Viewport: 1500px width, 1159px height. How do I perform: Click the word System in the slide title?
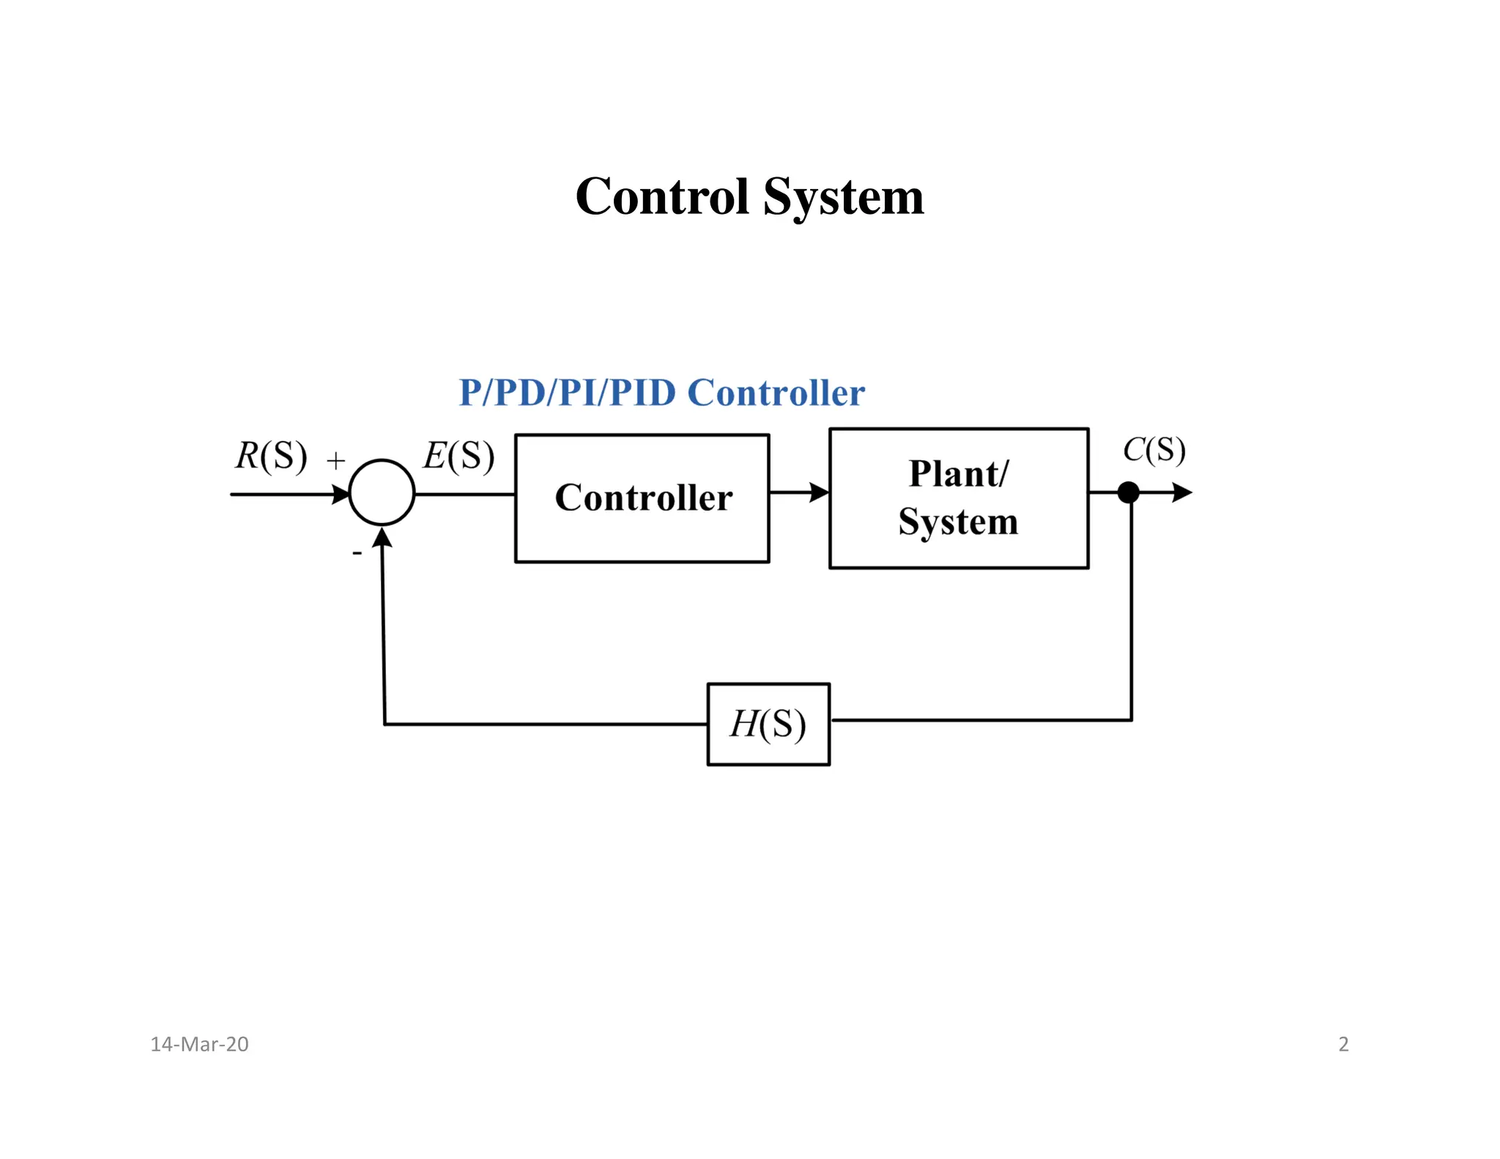(x=843, y=198)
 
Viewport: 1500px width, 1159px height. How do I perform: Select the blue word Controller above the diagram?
(x=776, y=393)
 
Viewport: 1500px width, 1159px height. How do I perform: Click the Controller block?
(x=642, y=498)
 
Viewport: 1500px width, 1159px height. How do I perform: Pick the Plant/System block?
(x=958, y=498)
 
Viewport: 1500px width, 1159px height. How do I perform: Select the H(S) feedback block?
(x=768, y=724)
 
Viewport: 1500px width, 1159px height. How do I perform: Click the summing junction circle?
(x=382, y=492)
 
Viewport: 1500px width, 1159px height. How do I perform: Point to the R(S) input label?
(x=270, y=456)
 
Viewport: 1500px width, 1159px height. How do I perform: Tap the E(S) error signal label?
(x=458, y=456)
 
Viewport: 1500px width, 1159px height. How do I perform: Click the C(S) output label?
(x=1154, y=450)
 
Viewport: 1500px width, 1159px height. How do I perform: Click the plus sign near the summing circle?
(x=335, y=461)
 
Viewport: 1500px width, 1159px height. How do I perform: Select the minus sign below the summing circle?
(x=357, y=553)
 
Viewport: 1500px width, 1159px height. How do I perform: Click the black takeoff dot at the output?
(x=1129, y=492)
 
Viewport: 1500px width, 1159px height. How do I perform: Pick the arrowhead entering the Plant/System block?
(x=819, y=492)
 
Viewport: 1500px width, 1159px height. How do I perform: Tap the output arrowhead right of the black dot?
(x=1181, y=492)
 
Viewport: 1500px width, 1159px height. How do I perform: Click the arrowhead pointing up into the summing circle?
(x=382, y=538)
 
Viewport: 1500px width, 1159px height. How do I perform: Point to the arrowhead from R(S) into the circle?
(x=341, y=495)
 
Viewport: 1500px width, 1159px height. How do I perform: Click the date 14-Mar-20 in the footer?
(x=199, y=1044)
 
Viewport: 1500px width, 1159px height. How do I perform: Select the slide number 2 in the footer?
(x=1343, y=1044)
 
